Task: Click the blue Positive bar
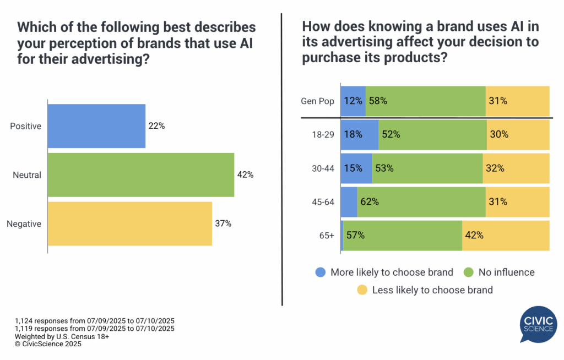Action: pos(96,126)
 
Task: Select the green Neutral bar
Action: pos(141,175)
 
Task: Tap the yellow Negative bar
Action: pos(130,223)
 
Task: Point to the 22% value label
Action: pos(156,126)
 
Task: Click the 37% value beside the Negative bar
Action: pos(223,223)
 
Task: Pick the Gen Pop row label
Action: pos(317,101)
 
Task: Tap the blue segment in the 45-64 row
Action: pos(349,202)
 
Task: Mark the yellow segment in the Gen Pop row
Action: pos(517,101)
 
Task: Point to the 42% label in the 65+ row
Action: pos(474,235)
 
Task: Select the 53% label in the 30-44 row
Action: pos(384,168)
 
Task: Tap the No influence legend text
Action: pos(506,272)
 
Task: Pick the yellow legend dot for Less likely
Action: pos(362,290)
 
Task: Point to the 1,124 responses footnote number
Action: pos(26,321)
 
